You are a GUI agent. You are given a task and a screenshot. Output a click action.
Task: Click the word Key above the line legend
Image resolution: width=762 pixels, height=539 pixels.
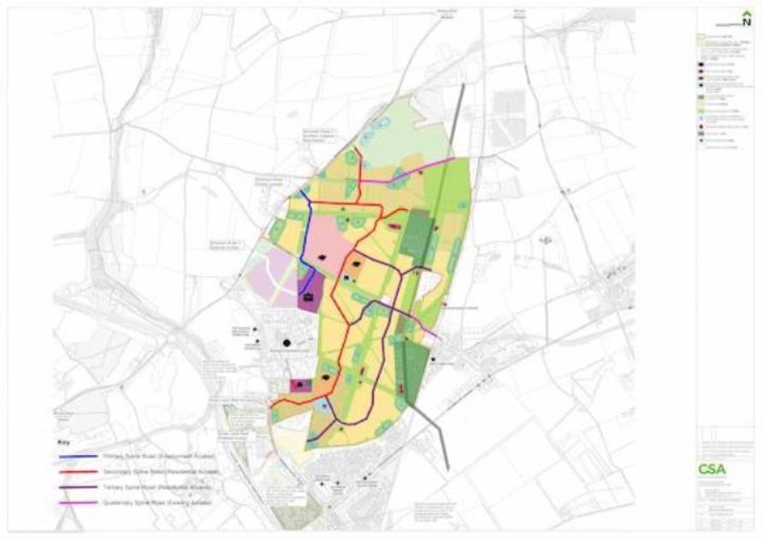point(62,442)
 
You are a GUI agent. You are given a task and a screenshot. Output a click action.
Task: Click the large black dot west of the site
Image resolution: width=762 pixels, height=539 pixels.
point(287,343)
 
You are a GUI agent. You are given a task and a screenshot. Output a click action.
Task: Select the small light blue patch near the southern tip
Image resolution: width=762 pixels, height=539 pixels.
point(322,406)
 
